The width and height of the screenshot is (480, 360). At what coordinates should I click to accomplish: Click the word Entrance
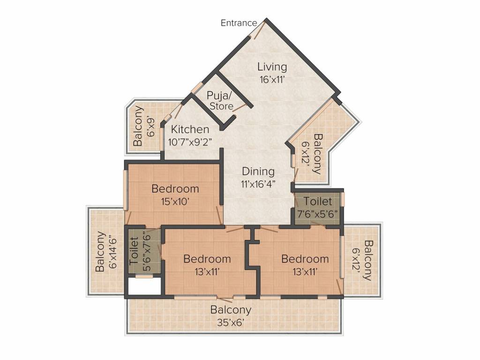(x=239, y=23)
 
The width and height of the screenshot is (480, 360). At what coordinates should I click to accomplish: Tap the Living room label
(x=272, y=67)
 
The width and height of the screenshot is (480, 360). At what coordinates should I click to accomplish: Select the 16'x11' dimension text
(x=272, y=80)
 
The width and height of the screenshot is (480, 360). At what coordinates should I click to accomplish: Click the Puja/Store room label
(x=220, y=100)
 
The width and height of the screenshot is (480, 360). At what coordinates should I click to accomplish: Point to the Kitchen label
(x=190, y=129)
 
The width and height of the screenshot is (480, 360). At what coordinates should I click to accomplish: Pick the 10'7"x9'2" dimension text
(x=190, y=142)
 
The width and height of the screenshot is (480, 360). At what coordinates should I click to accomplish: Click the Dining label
(x=258, y=172)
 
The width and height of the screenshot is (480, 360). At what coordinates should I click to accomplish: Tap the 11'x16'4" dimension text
(x=258, y=184)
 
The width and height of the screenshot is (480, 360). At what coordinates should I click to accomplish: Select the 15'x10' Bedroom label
(x=175, y=188)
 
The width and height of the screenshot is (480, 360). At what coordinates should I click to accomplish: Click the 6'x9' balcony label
(x=138, y=126)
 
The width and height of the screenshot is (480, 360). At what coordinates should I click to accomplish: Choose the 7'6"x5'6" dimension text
(x=318, y=213)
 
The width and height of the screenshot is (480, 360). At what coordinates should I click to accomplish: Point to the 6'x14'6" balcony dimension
(x=112, y=251)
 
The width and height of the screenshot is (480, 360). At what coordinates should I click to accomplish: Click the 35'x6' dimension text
(x=231, y=322)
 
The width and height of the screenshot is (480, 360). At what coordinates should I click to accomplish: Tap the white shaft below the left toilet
(x=144, y=286)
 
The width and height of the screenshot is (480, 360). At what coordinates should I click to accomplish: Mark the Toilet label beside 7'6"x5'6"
(x=318, y=202)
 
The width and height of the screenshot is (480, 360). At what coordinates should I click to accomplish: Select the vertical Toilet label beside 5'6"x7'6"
(x=134, y=251)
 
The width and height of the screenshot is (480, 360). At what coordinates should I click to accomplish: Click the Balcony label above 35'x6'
(x=231, y=310)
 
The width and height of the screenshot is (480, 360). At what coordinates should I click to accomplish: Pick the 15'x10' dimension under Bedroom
(x=175, y=202)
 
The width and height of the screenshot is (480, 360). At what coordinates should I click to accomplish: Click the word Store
(x=221, y=106)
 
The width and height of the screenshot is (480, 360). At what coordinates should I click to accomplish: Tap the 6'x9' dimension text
(x=150, y=126)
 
